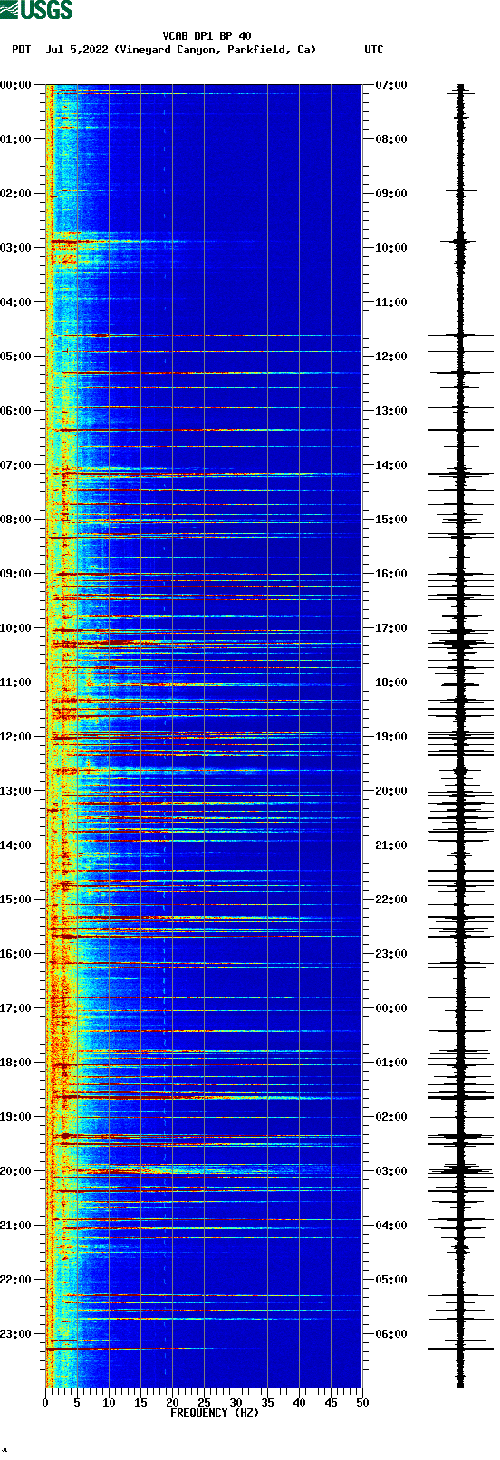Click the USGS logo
coord(36,10)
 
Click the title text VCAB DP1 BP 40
coord(207,36)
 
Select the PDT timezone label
coord(21,50)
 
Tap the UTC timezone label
coord(373,50)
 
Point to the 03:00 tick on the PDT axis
coord(16,247)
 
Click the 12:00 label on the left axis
coord(16,736)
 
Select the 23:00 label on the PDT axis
coord(16,1333)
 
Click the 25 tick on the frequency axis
coord(204,1402)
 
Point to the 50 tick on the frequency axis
coord(362,1402)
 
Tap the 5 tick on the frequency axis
coord(77,1402)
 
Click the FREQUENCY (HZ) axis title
coord(214,1412)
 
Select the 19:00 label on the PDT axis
coord(16,1116)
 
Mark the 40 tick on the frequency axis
coord(299,1402)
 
